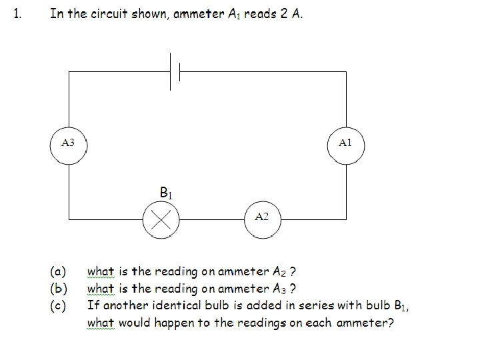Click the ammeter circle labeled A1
pyautogui.click(x=345, y=143)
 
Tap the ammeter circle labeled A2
pyautogui.click(x=262, y=218)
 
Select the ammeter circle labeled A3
pyautogui.click(x=68, y=143)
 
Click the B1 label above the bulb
pyautogui.click(x=167, y=193)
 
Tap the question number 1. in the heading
pyautogui.click(x=19, y=15)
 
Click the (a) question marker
pyautogui.click(x=58, y=272)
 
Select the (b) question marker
pyautogui.click(x=58, y=289)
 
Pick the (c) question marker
pyautogui.click(x=58, y=306)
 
